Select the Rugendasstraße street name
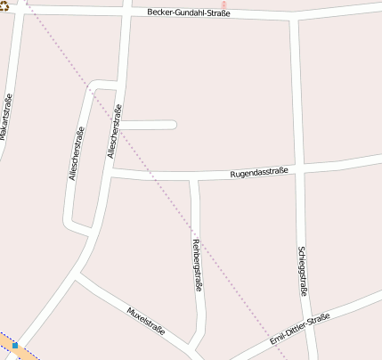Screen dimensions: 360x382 click(259, 171)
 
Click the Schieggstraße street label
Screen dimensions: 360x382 click(303, 270)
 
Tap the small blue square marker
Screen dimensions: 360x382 click(15, 344)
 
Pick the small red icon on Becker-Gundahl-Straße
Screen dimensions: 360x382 click(224, 4)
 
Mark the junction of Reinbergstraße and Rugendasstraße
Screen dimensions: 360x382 click(193, 179)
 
